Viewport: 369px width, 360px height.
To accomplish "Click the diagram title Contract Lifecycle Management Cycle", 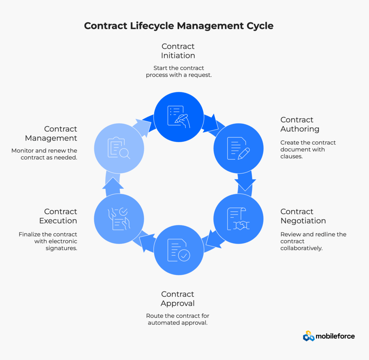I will click(x=178, y=26).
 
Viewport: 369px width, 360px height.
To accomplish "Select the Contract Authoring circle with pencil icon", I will click(x=238, y=148).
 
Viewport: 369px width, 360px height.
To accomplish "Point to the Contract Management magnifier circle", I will click(x=119, y=148).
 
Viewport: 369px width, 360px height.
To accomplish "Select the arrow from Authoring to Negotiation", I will click(x=245, y=182).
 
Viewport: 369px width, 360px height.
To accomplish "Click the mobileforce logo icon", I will click(x=308, y=336).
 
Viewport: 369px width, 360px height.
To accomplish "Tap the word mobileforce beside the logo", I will click(x=335, y=336).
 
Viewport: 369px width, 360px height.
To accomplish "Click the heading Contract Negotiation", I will click(x=303, y=216).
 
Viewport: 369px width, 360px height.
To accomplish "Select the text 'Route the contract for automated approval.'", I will click(x=178, y=319).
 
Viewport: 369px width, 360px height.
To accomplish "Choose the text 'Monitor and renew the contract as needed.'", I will click(x=44, y=154).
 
